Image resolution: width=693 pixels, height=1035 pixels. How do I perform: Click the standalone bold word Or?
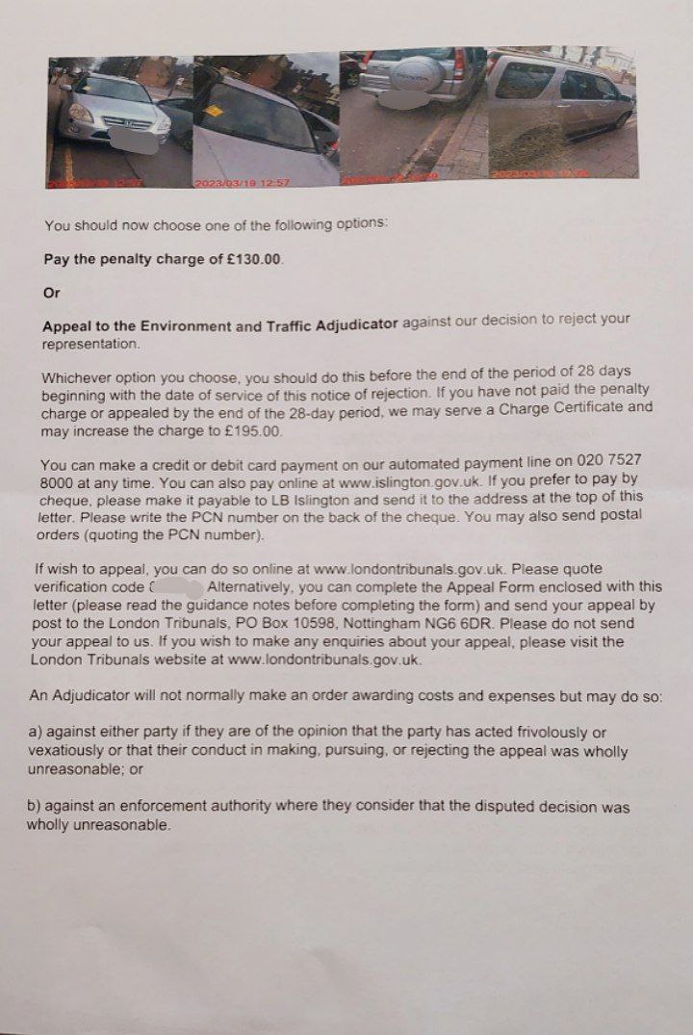[52, 292]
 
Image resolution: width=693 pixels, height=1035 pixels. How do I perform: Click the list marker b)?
[36, 806]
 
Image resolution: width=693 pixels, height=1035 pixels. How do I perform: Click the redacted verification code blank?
[178, 586]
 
